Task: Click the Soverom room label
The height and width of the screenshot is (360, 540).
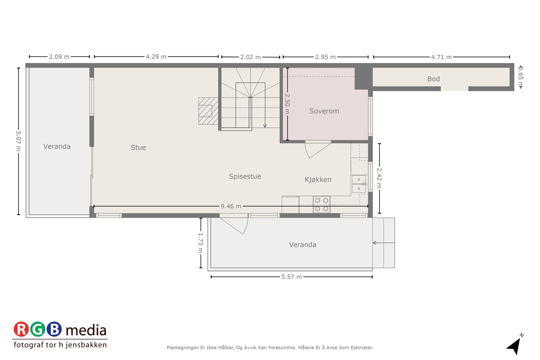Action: coord(324,111)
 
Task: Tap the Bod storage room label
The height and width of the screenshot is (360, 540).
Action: coord(433,79)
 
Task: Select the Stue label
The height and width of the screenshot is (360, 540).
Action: coord(138,147)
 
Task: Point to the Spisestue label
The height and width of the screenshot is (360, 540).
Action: coord(245,176)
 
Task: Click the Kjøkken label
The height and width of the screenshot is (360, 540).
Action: coord(318,179)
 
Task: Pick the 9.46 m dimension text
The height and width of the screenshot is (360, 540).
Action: coord(231,206)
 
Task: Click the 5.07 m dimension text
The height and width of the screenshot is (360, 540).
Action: coord(19,141)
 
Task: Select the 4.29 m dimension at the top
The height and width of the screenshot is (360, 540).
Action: coord(156,57)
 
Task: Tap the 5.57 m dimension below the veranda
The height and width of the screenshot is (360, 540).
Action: coord(291,277)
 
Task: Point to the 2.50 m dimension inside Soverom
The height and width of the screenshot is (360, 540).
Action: coord(287,104)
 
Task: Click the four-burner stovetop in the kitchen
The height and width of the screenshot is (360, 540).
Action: coord(321,204)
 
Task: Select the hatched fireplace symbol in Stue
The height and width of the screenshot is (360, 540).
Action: coord(208,111)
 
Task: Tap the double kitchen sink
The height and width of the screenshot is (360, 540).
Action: coord(358,184)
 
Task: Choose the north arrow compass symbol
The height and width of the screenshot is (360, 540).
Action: coord(514,345)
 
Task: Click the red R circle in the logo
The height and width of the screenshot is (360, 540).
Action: coord(21,329)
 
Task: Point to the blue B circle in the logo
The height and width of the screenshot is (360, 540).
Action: coord(54,329)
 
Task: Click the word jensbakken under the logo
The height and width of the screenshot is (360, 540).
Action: coord(86,345)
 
